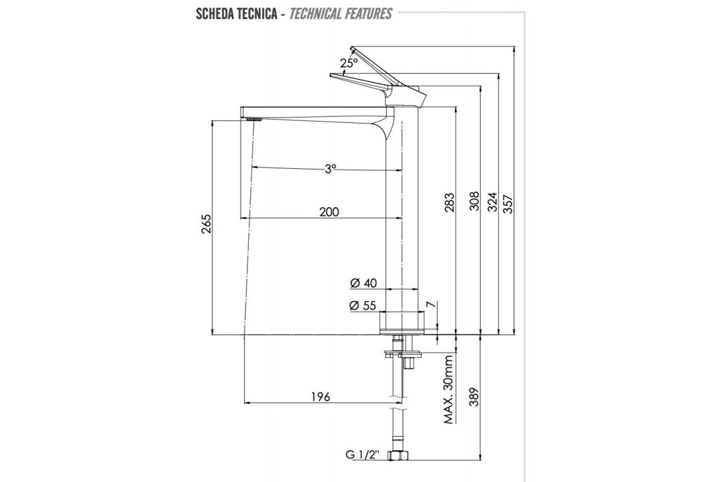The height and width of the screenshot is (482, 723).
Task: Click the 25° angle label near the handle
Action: click(x=348, y=63)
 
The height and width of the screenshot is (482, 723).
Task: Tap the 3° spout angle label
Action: click(x=330, y=169)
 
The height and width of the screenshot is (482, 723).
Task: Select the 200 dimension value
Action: click(x=328, y=211)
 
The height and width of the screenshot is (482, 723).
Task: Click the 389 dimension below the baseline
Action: click(x=474, y=396)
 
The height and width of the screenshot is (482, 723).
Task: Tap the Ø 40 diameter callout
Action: click(x=363, y=283)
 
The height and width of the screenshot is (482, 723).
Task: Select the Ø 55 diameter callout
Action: click(x=363, y=305)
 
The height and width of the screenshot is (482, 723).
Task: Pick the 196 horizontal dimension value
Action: click(x=320, y=396)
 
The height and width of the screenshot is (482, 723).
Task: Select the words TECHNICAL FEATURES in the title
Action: click(x=340, y=13)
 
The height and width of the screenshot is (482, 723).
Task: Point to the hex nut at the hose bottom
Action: click(x=398, y=455)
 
